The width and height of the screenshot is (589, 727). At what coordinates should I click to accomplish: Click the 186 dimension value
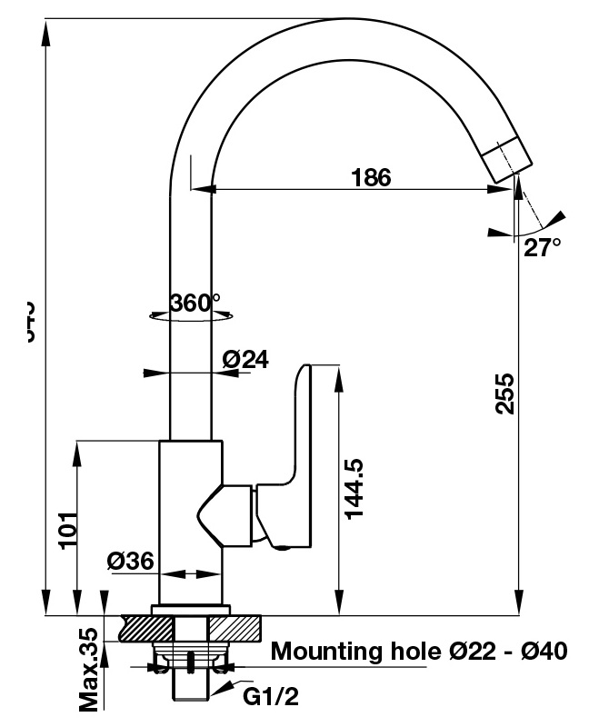371,177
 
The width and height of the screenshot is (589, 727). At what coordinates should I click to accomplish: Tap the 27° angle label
542,247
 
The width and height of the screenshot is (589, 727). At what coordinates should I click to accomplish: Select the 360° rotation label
195,303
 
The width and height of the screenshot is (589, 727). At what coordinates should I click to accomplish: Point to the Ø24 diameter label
245,360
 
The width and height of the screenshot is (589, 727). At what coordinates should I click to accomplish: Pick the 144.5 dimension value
355,489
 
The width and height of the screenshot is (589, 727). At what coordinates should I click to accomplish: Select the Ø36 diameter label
130,561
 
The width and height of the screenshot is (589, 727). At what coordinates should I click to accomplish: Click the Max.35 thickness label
88,669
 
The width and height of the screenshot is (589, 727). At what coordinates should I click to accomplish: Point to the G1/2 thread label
270,697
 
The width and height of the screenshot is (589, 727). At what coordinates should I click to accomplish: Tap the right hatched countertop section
235,627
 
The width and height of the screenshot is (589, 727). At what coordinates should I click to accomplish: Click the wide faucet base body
190,523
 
